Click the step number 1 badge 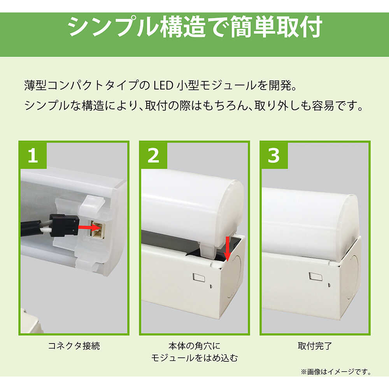click(33, 155)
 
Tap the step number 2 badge click(153, 155)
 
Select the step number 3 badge click(273, 155)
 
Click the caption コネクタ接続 click(74, 345)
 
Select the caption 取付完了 click(315, 345)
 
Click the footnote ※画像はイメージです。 click(336, 371)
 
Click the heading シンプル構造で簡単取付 click(195, 27)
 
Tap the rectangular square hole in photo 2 click(199, 278)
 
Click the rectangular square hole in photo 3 click(315, 277)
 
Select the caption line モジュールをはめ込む click(194, 358)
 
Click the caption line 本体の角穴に click(194, 345)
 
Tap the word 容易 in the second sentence click(323, 106)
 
